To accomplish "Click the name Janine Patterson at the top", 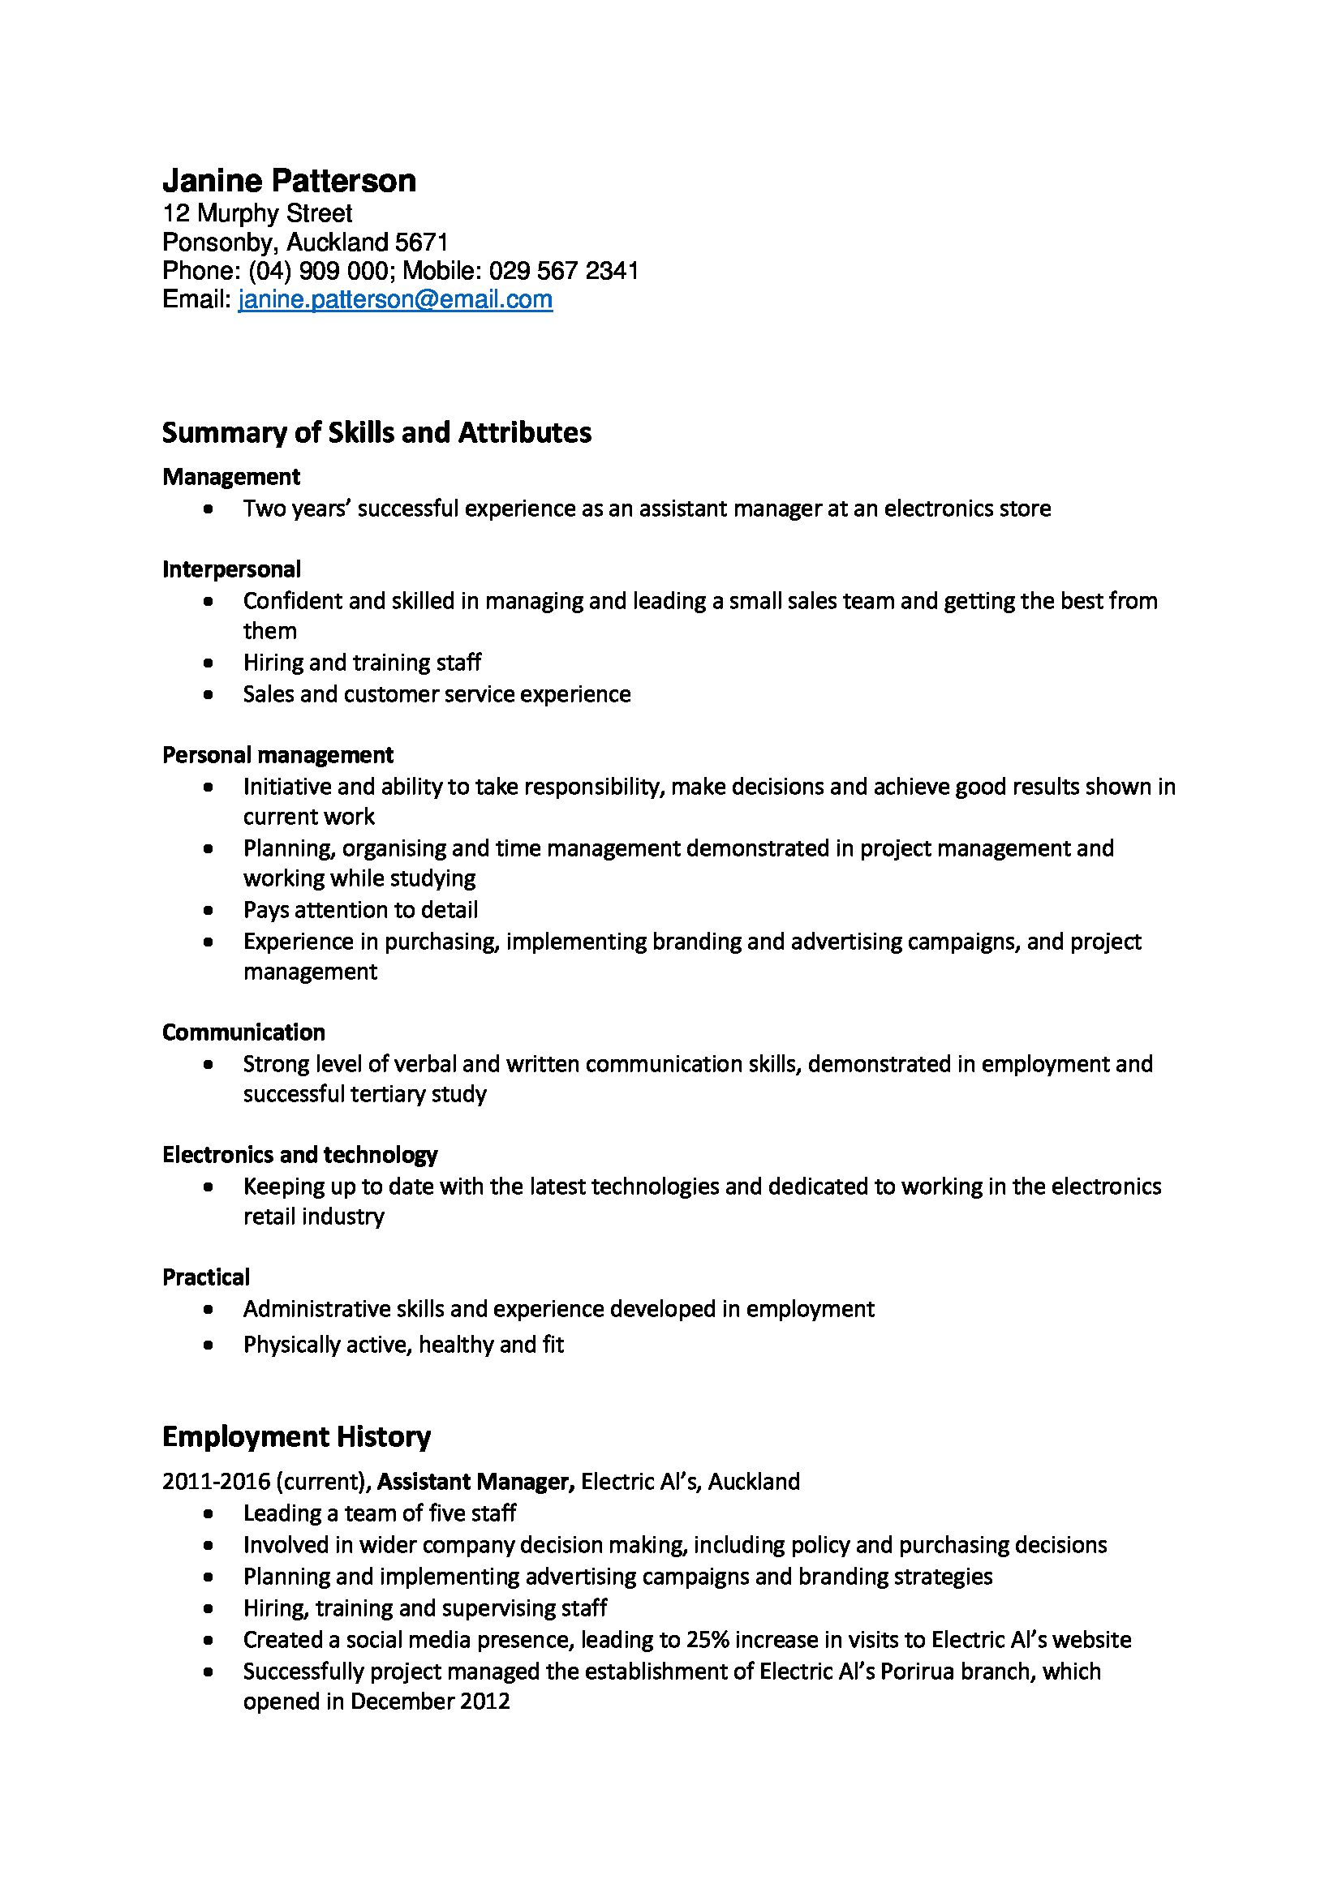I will coord(288,180).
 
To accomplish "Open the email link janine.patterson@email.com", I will coord(395,299).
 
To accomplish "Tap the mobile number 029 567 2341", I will coord(564,270).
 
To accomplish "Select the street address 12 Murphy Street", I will coord(257,213).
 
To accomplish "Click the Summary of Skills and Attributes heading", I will coord(376,432).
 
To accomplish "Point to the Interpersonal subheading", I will coord(231,569).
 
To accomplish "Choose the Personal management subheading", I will coord(277,754).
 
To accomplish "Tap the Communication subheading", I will coord(243,1032).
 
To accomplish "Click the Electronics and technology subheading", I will coord(300,1154).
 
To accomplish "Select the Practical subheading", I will coord(206,1277).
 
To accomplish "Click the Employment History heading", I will coord(296,1437).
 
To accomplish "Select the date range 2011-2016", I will coord(216,1482).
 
